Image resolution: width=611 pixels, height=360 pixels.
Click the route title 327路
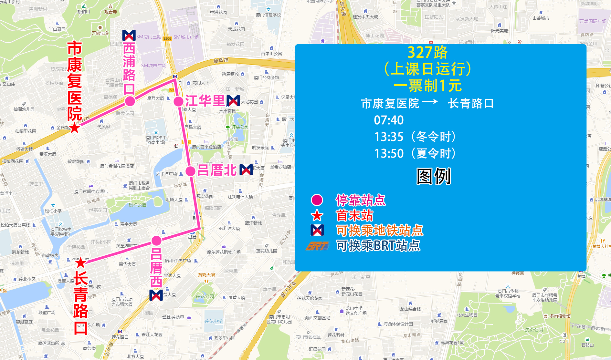427,52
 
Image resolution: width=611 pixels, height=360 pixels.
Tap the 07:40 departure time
389,120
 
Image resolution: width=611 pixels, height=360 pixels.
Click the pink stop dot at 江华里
178,102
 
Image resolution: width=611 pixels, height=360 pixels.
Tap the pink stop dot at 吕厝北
190,171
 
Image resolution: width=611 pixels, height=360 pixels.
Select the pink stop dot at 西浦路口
130,101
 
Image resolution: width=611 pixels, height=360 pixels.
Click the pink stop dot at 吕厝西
156,241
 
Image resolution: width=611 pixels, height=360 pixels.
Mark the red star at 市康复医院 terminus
75,128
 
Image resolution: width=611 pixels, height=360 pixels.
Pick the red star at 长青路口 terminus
80,262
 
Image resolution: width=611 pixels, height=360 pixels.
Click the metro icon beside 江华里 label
233,101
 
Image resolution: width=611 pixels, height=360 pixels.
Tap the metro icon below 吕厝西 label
156,295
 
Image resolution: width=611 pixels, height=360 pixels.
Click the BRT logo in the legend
317,246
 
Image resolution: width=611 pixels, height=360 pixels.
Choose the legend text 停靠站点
361,200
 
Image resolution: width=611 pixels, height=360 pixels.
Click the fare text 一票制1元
427,86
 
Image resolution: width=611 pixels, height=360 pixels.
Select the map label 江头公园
240,128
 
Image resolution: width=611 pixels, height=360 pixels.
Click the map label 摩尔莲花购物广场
224,252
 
